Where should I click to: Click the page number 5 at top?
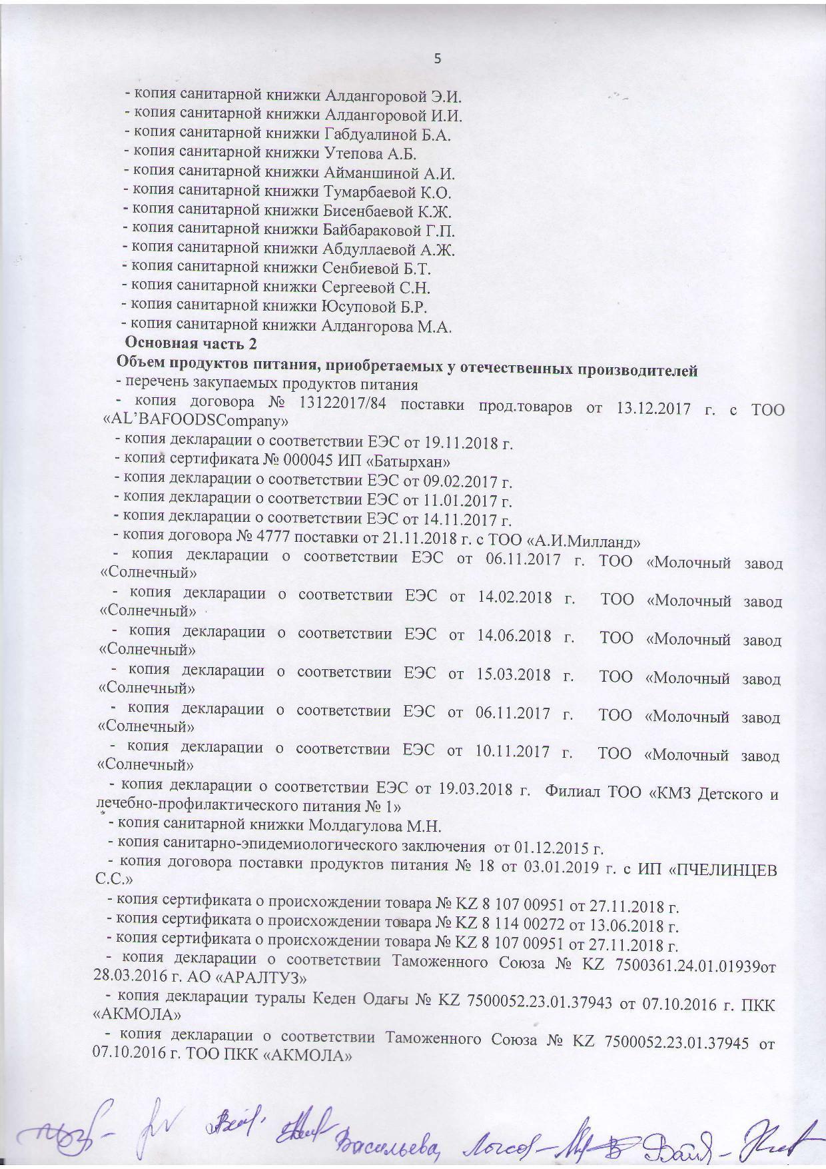[438, 59]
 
